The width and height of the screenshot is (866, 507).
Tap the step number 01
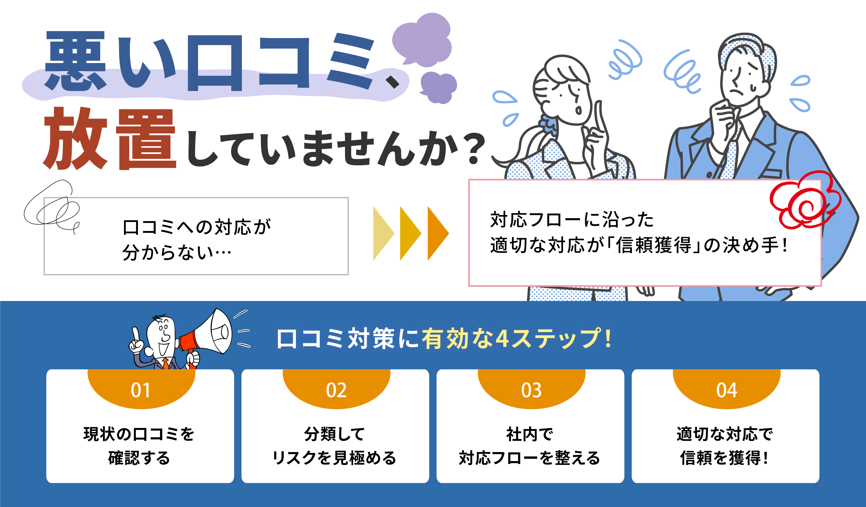point(141,390)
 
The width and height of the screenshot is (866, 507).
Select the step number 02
point(336,390)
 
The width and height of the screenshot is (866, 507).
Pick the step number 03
point(531,390)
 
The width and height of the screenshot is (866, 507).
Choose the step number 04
point(727,390)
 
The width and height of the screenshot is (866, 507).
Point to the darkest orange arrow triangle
point(438,233)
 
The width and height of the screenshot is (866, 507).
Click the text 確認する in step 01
point(139,458)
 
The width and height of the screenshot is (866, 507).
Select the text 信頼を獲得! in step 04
point(724,458)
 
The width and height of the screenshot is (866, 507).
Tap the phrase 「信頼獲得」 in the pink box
point(653,245)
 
